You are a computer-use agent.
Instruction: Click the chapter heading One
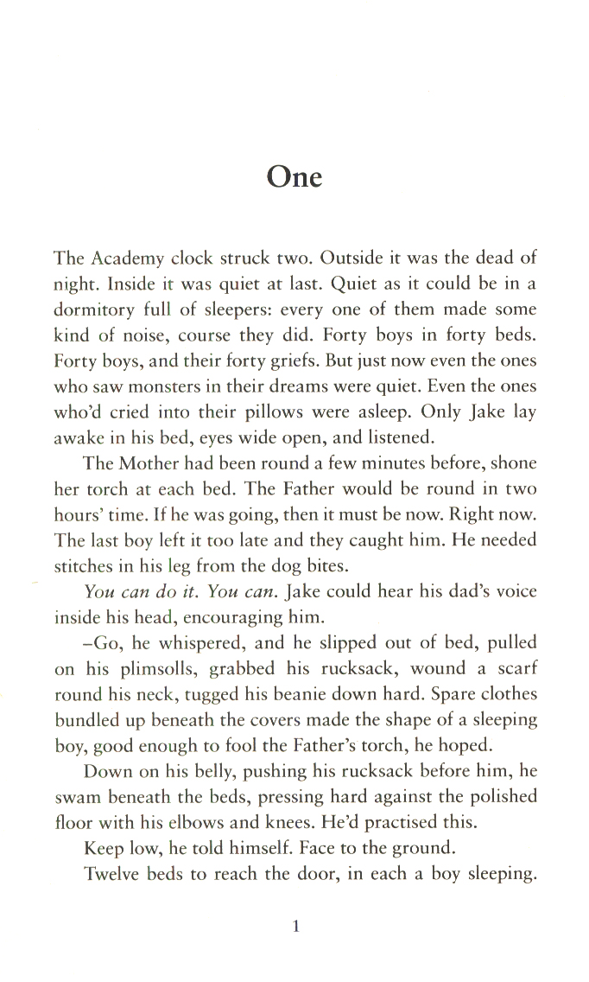click(294, 177)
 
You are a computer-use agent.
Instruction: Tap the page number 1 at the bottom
click(295, 928)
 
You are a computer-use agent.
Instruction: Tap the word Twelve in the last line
click(116, 878)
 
